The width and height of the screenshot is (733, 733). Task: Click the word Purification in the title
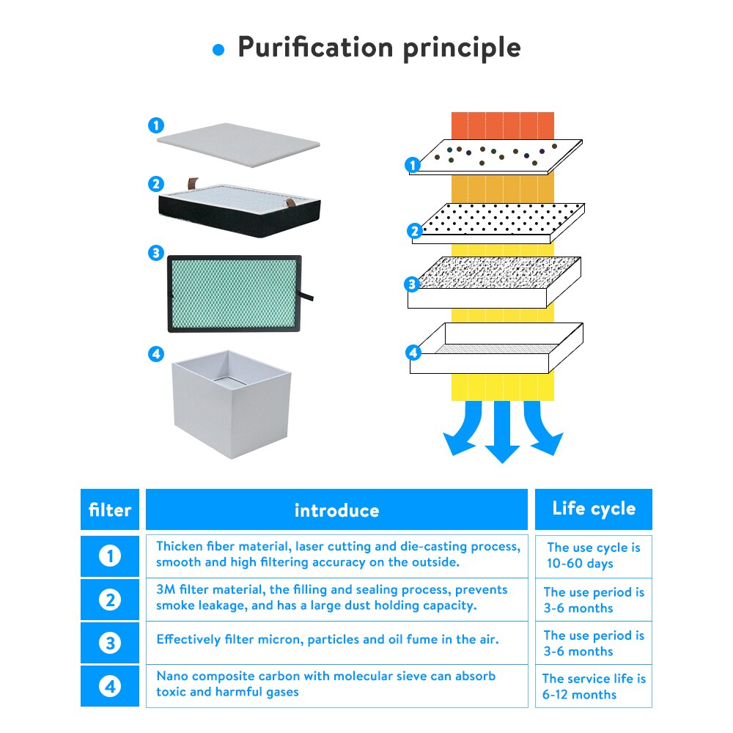click(x=315, y=48)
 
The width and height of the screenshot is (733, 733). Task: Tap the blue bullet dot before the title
click(x=218, y=50)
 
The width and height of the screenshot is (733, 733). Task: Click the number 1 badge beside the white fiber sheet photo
click(x=156, y=125)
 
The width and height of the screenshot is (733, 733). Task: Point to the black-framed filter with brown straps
click(x=240, y=208)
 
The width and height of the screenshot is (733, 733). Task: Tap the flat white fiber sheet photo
click(x=238, y=145)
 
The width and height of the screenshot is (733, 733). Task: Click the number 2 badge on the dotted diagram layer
click(x=415, y=231)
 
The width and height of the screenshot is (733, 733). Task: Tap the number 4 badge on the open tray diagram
click(x=413, y=353)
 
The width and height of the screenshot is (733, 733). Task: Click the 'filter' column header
click(x=110, y=509)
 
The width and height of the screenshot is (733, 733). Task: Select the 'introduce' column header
click(x=336, y=509)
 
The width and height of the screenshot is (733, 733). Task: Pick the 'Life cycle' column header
click(x=594, y=509)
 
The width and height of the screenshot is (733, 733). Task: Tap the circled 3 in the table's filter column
click(x=110, y=643)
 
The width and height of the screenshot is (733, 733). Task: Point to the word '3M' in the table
click(x=166, y=589)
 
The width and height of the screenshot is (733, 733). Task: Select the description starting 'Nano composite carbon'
click(x=326, y=684)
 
